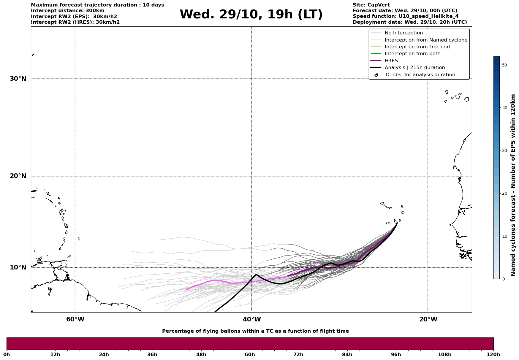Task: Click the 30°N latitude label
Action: pos(18,79)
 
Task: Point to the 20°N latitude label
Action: pos(18,176)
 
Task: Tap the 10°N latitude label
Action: pos(18,267)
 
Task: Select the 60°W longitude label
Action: pos(75,319)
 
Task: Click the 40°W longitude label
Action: pos(252,319)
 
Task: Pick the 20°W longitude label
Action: pos(428,319)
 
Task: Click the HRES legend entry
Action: pos(391,61)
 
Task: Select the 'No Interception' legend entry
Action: pos(404,33)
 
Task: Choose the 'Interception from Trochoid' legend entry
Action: pos(417,47)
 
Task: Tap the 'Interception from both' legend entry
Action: pos(412,54)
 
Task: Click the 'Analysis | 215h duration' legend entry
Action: pos(414,68)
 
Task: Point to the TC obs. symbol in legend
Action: pos(376,75)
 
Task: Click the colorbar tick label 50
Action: pos(504,65)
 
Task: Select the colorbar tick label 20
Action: pos(504,194)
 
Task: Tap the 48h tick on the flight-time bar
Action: pos(201,354)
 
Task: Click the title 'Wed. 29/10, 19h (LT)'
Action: pos(251,14)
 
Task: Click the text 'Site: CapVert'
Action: pos(371,5)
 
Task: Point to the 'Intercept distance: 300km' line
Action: pos(67,11)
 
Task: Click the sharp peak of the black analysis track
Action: pos(256,275)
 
